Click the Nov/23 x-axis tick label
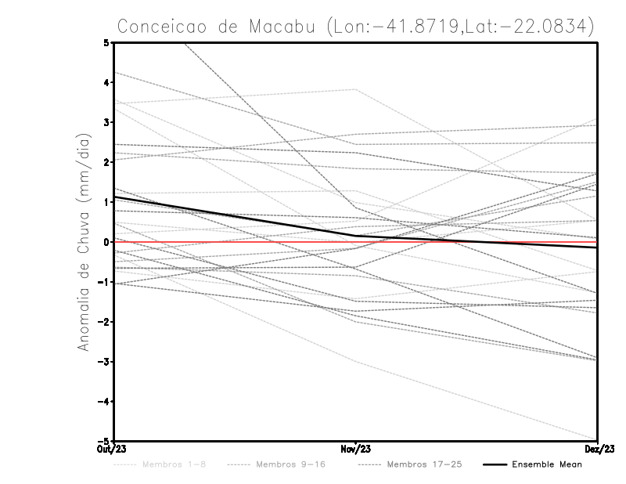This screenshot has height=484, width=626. [356, 449]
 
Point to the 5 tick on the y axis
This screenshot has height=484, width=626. [106, 42]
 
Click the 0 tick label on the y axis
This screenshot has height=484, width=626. [106, 242]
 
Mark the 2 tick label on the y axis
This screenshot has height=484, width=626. [106, 162]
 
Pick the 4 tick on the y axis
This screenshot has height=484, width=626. [106, 82]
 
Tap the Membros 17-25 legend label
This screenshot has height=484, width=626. [424, 464]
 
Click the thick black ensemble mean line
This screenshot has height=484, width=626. [235, 216]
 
